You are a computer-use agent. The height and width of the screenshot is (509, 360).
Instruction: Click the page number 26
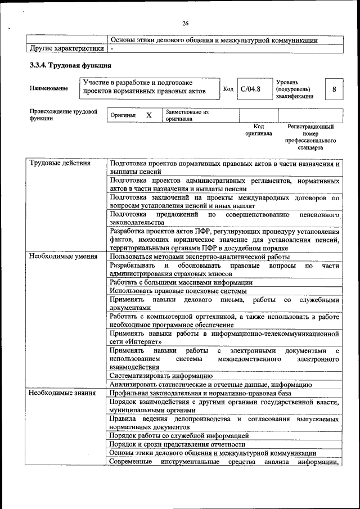point(185,23)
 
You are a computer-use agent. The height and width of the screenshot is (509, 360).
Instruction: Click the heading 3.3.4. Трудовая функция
point(66,65)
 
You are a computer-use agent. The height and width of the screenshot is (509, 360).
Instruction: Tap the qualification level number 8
point(335,89)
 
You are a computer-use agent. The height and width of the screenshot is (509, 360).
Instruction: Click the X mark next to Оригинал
point(149,115)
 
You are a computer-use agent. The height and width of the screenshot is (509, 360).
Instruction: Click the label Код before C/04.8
point(228,89)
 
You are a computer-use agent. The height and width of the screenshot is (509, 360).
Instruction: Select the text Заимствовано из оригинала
point(187,115)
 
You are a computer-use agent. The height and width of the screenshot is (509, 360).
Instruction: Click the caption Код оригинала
point(258,130)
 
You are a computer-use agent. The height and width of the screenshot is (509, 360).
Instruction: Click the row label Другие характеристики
point(67,49)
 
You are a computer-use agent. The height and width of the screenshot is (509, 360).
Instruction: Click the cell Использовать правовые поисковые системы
point(178,291)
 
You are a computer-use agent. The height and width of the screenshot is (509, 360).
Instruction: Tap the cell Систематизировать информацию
point(161,376)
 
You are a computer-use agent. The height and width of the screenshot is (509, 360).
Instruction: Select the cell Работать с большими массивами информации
point(181,282)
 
